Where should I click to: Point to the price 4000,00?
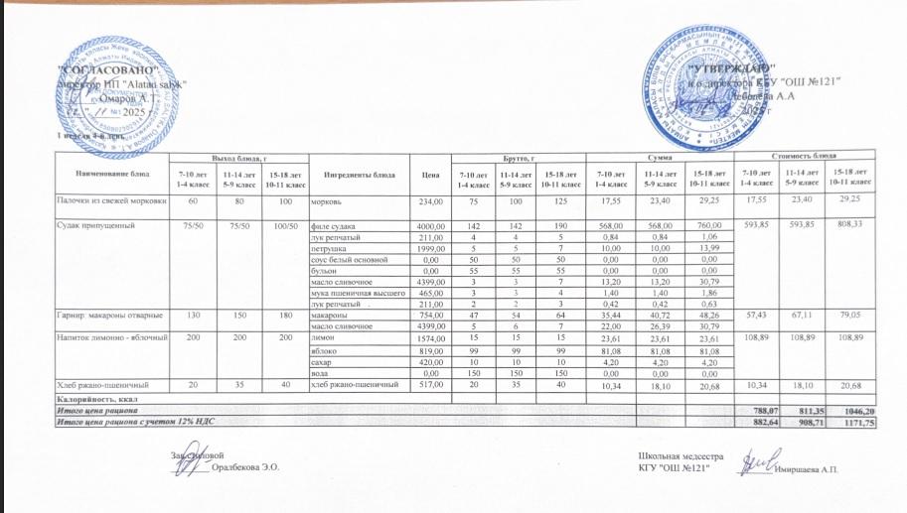[x=424, y=225]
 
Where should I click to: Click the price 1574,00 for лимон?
[x=424, y=338]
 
